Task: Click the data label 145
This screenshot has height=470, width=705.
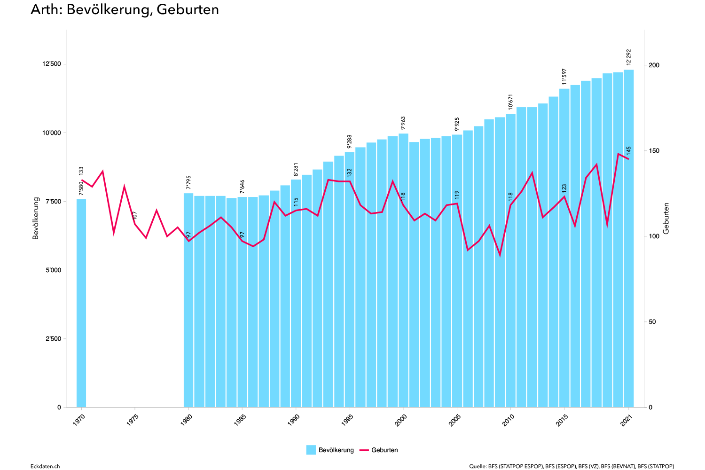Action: tap(629, 151)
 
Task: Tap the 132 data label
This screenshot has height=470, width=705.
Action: tap(350, 172)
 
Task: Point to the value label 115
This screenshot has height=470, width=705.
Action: tap(296, 202)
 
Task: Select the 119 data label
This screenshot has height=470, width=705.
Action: tap(457, 195)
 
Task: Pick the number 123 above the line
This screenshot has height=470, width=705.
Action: tap(564, 188)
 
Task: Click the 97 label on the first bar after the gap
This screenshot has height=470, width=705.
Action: tap(189, 234)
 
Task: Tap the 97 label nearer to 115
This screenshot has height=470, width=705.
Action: tap(243, 234)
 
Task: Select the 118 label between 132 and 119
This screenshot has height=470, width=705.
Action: tap(403, 196)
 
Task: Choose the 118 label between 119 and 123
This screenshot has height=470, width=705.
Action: tap(511, 196)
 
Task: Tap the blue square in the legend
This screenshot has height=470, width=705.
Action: tap(311, 450)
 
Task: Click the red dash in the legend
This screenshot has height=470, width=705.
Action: tap(364, 450)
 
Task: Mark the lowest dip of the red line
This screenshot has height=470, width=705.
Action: tap(500, 255)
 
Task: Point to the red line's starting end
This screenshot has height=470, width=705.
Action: tap(82, 180)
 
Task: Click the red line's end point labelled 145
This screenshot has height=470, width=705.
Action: tap(628, 159)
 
